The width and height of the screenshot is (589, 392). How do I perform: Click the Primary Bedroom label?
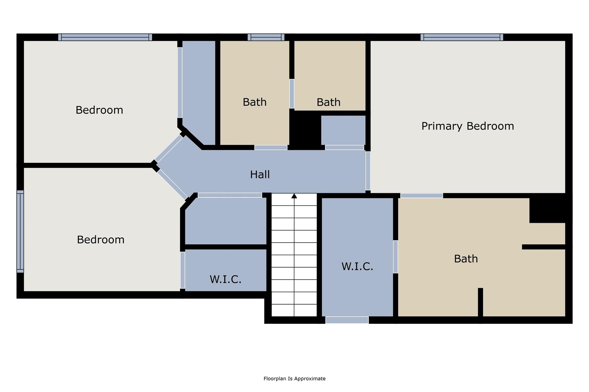coord(468,126)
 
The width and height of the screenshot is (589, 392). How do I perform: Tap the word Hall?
coord(260,175)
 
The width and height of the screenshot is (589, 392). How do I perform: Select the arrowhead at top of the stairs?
coord(294,196)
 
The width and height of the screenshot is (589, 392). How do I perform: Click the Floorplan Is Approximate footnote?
coord(294,379)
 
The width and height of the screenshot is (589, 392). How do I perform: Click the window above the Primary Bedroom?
coord(462,37)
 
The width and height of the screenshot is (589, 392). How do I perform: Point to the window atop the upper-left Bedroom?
coord(105,37)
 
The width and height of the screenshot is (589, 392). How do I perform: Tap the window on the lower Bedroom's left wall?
coord(20,231)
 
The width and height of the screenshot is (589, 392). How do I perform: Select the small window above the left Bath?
coord(266,37)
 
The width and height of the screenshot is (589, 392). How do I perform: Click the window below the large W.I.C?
coord(347,320)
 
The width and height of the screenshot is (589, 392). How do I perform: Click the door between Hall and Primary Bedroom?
coord(368,171)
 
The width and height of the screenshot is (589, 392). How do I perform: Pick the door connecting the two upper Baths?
coord(292,94)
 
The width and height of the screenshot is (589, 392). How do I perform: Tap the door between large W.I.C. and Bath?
coord(395,256)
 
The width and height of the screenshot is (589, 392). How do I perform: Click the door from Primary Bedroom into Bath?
coord(421,196)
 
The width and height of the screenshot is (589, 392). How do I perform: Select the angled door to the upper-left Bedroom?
coord(169,148)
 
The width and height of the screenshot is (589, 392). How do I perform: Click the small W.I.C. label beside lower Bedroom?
coord(225,279)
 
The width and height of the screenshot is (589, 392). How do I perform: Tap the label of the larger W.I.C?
coord(357,267)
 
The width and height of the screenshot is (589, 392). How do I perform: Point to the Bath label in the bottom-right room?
coord(466,259)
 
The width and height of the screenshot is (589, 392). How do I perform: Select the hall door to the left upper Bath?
coord(271,148)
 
